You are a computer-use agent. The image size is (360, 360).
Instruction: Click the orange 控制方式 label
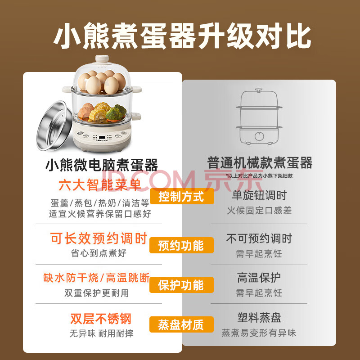[x=182, y=197]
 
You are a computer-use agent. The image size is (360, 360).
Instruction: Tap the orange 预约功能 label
[x=181, y=245]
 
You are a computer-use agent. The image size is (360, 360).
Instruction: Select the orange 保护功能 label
[x=181, y=285]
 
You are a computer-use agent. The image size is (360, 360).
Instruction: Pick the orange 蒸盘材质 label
[x=181, y=324]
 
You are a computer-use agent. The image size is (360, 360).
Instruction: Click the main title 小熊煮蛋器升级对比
[x=183, y=36]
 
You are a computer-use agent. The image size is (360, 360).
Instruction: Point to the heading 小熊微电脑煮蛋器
[x=102, y=165]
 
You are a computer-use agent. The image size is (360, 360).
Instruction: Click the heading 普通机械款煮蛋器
[x=260, y=163]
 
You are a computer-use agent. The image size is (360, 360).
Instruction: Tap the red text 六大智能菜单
[x=100, y=185]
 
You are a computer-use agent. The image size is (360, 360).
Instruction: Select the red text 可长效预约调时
[x=99, y=238]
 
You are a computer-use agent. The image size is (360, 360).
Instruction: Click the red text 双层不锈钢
[x=100, y=319]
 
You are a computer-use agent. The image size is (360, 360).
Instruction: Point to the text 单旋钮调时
[x=259, y=195]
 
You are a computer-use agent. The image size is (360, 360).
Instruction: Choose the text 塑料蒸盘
[x=259, y=318]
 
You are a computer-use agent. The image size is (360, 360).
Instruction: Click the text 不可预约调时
[x=259, y=238]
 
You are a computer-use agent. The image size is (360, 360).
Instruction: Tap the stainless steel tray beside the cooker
[x=54, y=126]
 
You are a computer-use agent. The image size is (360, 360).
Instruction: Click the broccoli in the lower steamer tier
[x=116, y=112]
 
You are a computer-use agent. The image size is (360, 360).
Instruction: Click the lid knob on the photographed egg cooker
[x=102, y=59]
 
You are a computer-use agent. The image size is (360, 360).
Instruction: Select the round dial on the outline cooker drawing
[x=259, y=136]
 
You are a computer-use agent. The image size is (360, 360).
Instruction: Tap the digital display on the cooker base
[x=102, y=138]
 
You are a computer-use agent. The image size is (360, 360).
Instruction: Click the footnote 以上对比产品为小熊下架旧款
[x=259, y=176]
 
